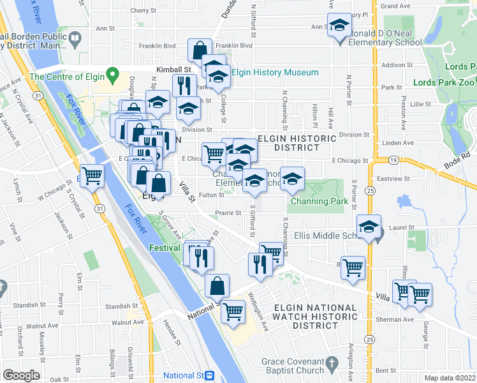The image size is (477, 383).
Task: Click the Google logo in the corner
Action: tap(21, 375)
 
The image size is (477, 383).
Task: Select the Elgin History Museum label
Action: tap(275, 73)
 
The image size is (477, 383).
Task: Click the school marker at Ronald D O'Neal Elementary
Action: tap(339, 27)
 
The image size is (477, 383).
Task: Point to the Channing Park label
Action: tap(319, 202)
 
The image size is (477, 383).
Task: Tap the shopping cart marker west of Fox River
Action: tap(92, 176)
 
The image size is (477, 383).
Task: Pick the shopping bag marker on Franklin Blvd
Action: tap(200, 50)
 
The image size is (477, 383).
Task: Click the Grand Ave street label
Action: tap(395, 6)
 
